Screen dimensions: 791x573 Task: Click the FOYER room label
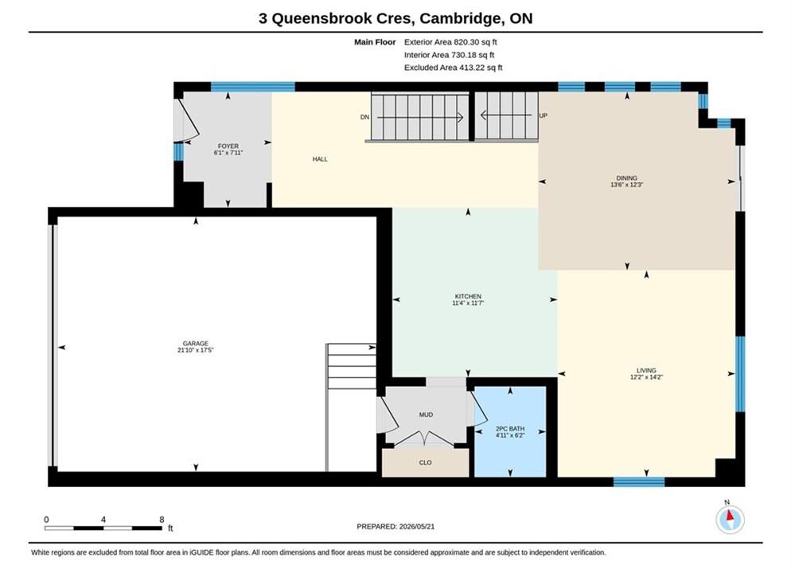click(x=228, y=146)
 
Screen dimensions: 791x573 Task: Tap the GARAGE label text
click(x=196, y=344)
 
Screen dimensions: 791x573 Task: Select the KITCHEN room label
click(x=468, y=297)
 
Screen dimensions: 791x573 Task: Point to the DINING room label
click(x=627, y=178)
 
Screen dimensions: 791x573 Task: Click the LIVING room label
click(x=646, y=370)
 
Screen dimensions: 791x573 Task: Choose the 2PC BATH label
click(x=510, y=429)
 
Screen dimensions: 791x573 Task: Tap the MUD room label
click(x=426, y=415)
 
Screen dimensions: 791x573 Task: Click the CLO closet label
click(x=425, y=462)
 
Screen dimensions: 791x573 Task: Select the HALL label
click(x=320, y=159)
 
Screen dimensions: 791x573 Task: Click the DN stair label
click(x=364, y=117)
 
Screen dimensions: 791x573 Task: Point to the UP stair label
click(x=544, y=115)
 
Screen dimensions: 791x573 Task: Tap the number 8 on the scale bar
click(x=162, y=520)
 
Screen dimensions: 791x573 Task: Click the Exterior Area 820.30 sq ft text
click(x=450, y=42)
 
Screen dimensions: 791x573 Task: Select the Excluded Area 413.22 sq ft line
click(x=453, y=68)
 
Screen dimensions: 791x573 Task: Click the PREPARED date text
click(x=395, y=527)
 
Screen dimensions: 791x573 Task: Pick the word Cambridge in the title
click(x=460, y=18)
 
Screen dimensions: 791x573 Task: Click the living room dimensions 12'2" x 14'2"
click(x=646, y=376)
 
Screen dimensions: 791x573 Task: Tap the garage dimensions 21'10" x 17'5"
click(x=196, y=350)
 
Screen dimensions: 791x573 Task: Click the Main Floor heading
click(x=375, y=42)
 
